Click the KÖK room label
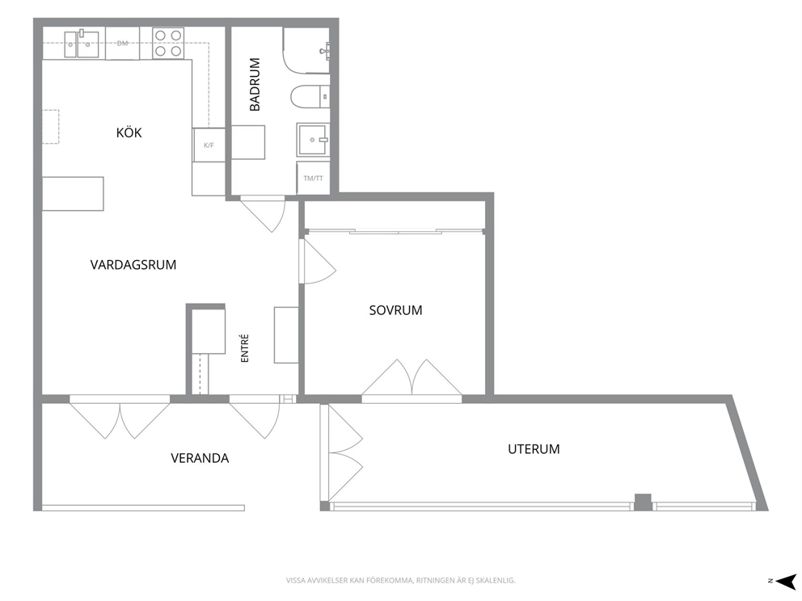click(129, 132)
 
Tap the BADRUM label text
click(255, 84)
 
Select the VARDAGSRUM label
click(133, 265)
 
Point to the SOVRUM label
click(395, 310)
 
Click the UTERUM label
click(534, 449)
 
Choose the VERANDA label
click(200, 458)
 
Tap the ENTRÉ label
click(244, 348)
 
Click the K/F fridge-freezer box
click(209, 145)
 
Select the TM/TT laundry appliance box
click(313, 179)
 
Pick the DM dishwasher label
click(122, 44)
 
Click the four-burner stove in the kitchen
click(168, 44)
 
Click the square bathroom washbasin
click(313, 140)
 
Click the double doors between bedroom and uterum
click(412, 378)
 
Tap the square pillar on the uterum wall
click(643, 502)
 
